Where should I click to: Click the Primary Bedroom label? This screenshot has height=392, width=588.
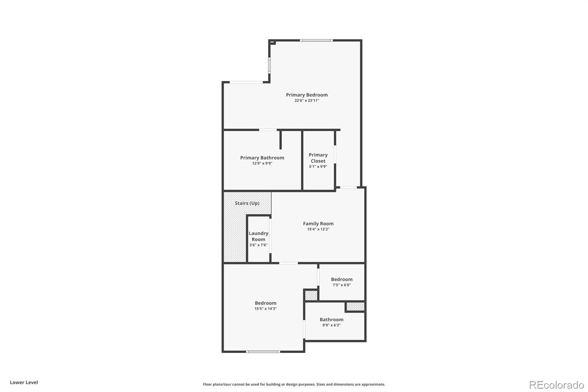point(306,95)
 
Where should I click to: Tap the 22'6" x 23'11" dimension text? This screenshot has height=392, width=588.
point(306,100)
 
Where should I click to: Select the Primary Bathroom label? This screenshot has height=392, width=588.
point(262,158)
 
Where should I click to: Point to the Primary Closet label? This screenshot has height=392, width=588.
point(318,158)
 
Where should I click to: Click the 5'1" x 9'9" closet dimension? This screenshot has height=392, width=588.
point(318,167)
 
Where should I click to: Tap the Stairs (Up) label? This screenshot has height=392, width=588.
point(247,203)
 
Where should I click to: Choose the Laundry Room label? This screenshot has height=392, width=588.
point(258,236)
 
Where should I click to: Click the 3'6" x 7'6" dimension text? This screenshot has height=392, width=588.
point(258,245)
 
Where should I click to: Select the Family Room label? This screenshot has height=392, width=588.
point(318,224)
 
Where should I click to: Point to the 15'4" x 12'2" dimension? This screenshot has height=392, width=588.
point(318,229)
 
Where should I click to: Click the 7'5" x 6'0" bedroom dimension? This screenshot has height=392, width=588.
point(342,285)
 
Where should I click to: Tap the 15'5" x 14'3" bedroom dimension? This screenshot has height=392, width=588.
point(265,309)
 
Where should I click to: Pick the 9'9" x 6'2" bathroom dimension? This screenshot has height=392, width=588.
point(331,325)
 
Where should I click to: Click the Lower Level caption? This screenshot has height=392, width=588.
point(24,382)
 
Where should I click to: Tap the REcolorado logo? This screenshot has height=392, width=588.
point(556,385)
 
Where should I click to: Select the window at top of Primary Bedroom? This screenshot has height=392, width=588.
point(316,40)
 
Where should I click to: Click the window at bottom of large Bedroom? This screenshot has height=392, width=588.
point(263,352)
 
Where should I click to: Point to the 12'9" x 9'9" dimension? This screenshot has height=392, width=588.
point(262,163)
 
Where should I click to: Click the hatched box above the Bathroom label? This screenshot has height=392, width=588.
point(355,306)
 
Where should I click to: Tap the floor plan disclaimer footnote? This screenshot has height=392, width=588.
point(294,384)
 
